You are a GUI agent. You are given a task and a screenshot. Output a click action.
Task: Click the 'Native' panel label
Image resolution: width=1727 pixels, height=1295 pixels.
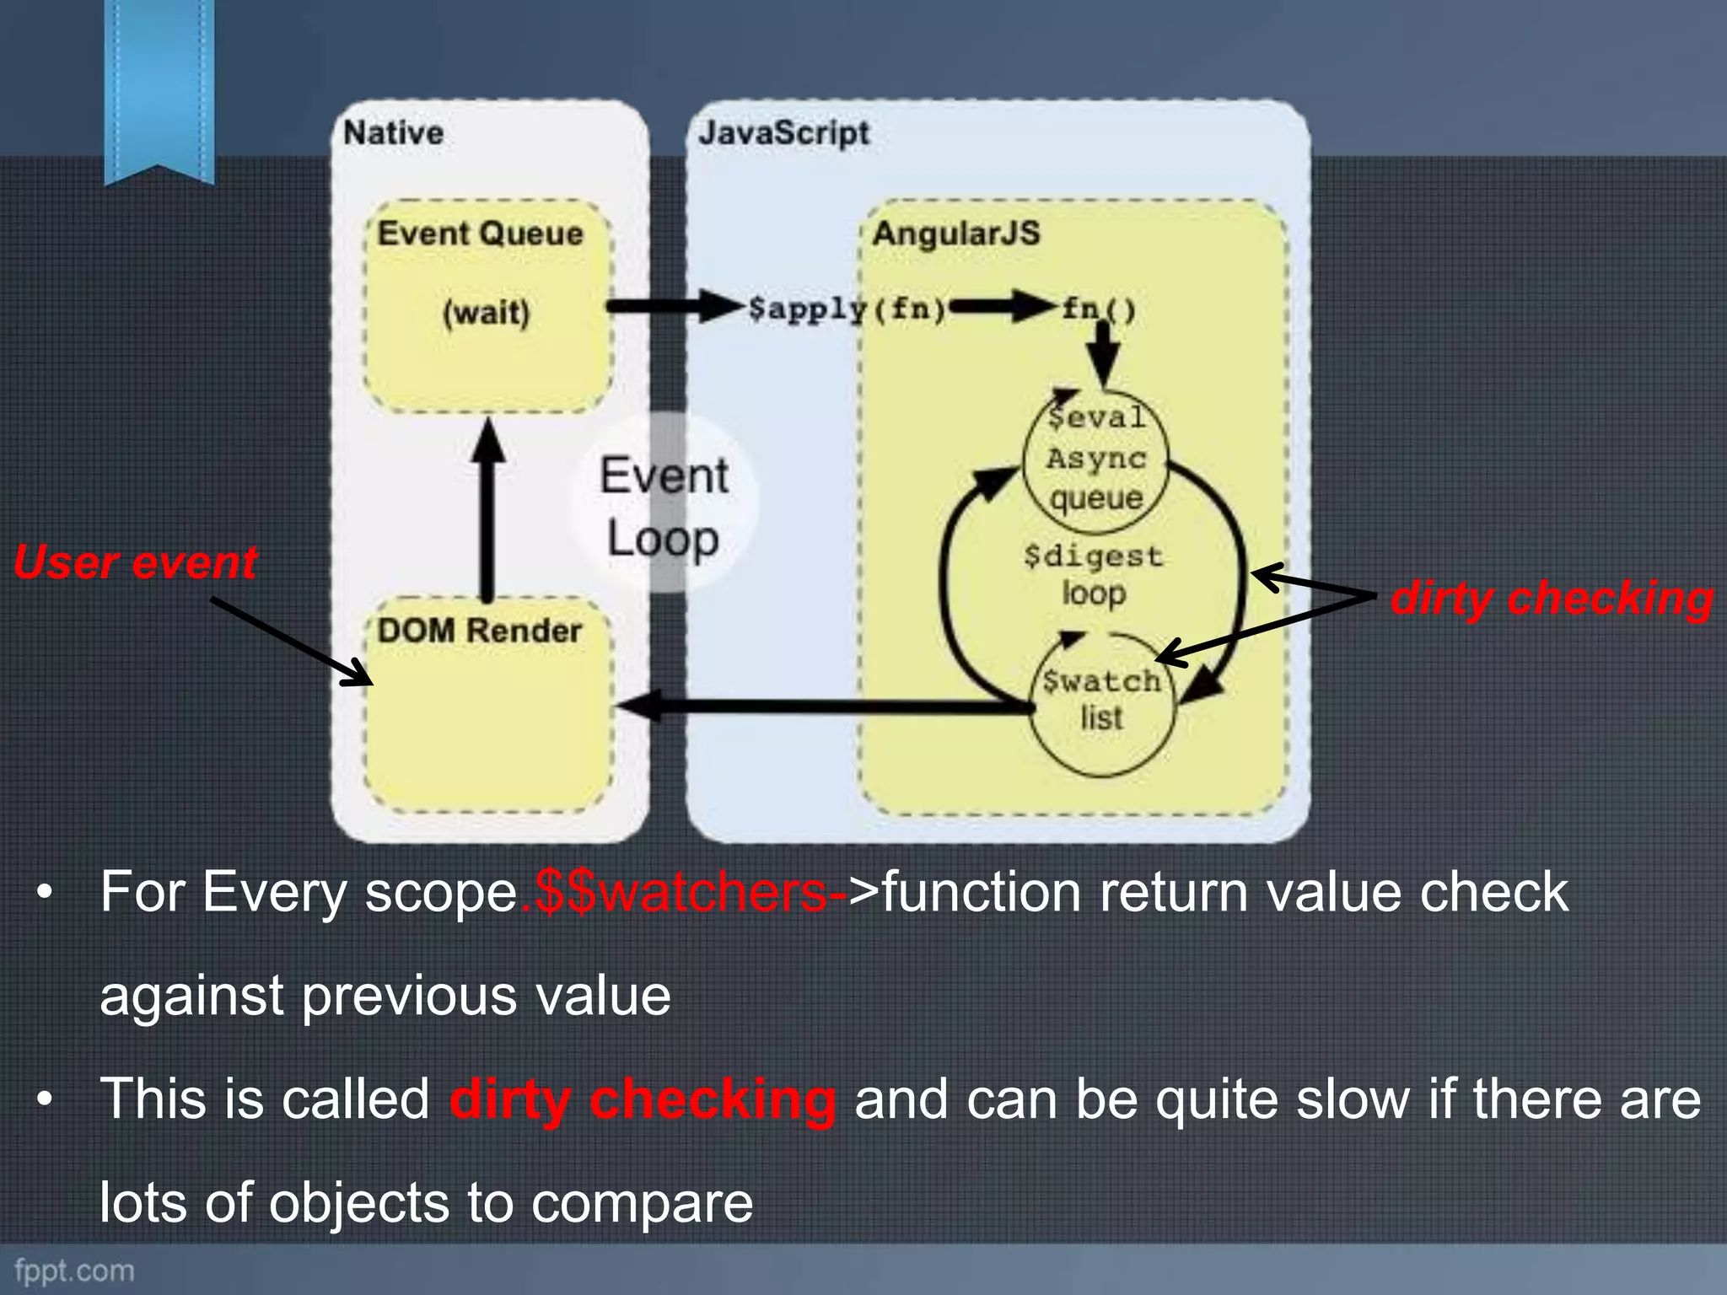tap(393, 133)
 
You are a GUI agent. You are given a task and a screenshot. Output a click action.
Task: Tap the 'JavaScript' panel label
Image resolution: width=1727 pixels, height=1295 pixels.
tap(783, 133)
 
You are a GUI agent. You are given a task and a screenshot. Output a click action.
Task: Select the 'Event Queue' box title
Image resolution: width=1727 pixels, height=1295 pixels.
tap(480, 234)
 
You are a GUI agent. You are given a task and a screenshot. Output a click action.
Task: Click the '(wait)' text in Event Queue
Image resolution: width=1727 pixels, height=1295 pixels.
tap(487, 313)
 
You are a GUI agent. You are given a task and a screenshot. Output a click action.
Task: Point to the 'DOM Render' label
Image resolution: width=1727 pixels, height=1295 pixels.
tap(479, 631)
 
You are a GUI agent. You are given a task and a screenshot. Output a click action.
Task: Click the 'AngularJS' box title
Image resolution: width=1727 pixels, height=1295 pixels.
tap(956, 234)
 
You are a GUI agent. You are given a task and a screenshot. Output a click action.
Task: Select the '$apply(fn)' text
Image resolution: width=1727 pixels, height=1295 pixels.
tap(847, 309)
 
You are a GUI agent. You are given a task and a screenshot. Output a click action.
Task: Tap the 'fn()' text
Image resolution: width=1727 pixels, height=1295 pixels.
tap(1098, 309)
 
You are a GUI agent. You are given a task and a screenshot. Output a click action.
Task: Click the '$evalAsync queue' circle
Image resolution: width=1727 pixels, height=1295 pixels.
tap(1096, 460)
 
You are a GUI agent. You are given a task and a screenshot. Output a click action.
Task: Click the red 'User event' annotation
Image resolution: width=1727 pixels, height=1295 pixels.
tap(135, 562)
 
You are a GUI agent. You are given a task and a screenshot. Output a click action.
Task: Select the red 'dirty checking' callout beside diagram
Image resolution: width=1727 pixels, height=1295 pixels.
tap(1552, 599)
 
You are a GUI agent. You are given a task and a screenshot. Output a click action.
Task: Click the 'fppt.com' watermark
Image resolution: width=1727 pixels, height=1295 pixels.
tap(74, 1270)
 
